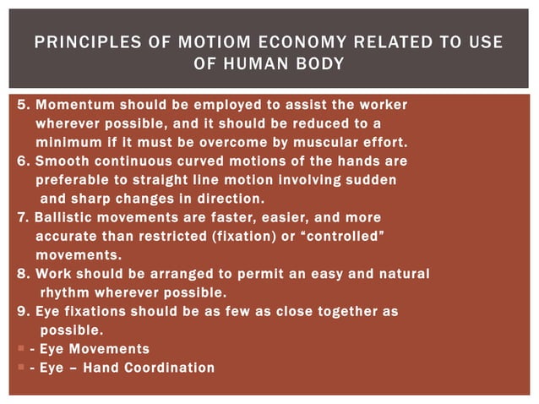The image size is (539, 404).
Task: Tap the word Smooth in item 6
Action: [59, 161]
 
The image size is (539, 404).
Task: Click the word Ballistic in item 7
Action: [64, 217]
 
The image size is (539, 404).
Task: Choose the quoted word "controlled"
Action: [347, 236]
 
